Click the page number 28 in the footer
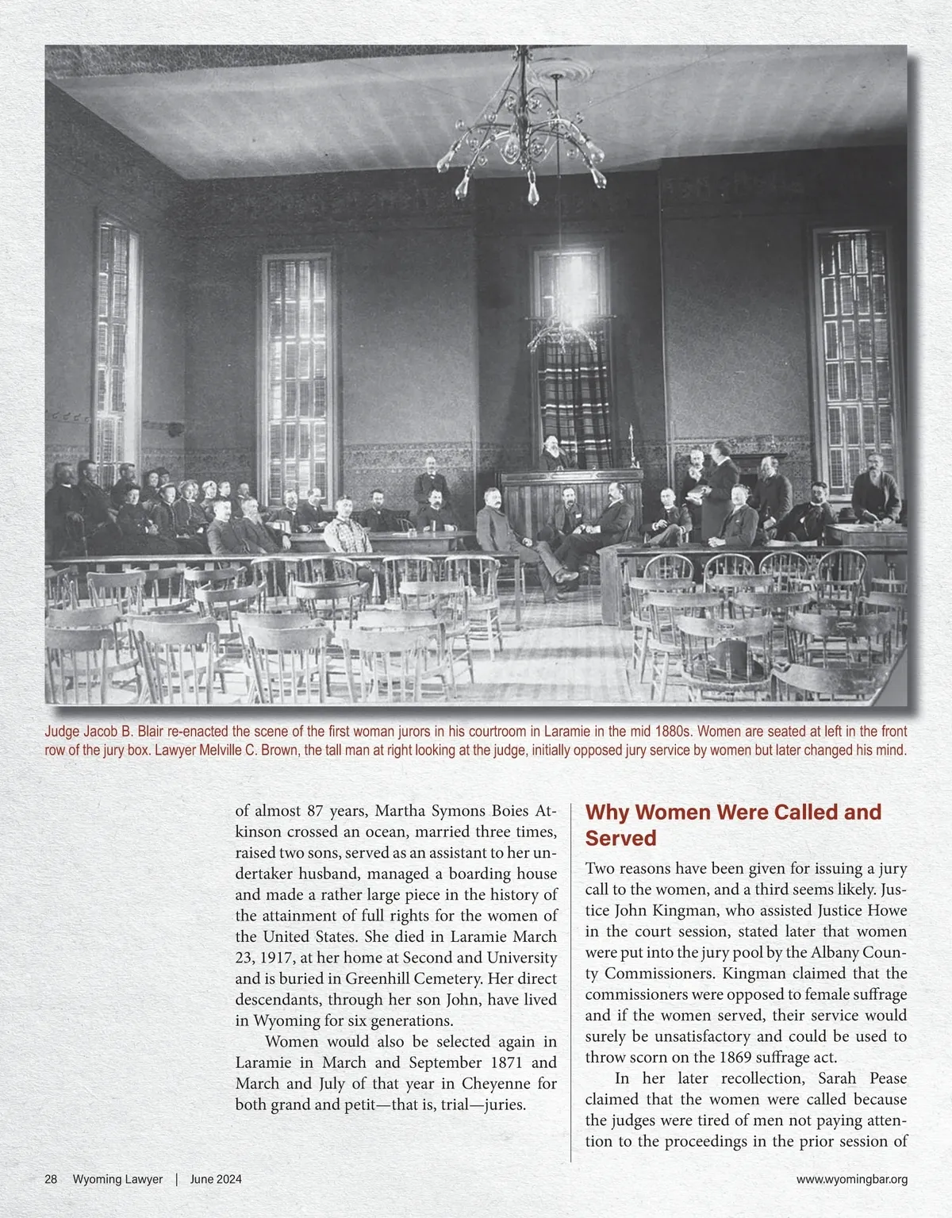point(51,1179)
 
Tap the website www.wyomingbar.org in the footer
point(851,1179)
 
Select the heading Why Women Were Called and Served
point(733,825)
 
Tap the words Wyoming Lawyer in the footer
point(117,1179)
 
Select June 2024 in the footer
point(216,1179)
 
